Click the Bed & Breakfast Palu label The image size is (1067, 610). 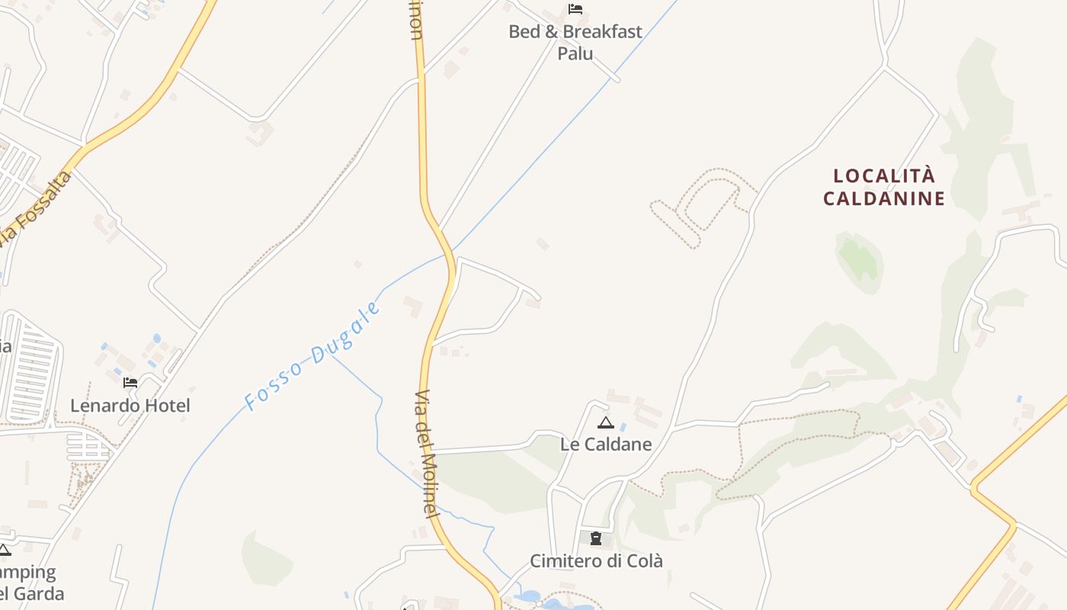575,42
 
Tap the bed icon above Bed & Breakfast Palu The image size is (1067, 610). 575,9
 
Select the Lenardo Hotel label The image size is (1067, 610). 130,406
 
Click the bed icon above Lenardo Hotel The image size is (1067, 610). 130,382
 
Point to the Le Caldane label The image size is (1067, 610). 606,444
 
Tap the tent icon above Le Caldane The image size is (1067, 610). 606,422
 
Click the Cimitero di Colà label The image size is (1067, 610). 596,561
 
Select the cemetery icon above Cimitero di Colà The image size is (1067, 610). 596,539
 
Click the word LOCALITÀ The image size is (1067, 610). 884,176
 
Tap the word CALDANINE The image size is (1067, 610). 884,199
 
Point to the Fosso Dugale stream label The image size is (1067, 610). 312,356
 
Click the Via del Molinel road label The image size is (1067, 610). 428,454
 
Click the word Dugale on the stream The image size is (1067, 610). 346,332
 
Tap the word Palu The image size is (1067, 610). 575,53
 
